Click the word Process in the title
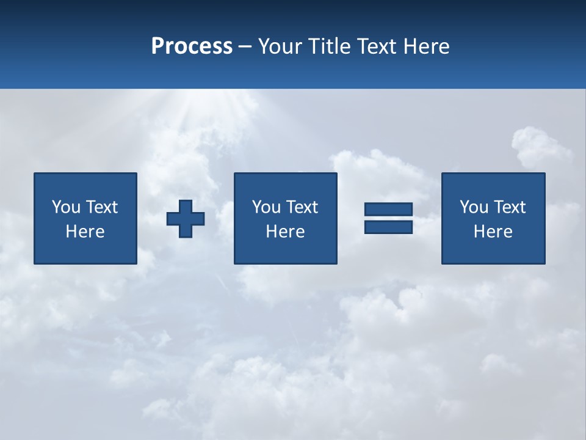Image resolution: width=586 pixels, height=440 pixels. [x=192, y=46]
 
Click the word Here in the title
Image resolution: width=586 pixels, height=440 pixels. [x=427, y=46]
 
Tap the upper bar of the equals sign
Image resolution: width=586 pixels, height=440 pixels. [x=388, y=210]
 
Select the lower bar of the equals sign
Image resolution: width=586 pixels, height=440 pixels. [x=388, y=227]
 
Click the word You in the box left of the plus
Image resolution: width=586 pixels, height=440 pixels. [x=66, y=207]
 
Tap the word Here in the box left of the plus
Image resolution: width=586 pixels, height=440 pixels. [x=85, y=232]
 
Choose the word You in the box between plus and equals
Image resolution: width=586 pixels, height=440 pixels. [x=266, y=207]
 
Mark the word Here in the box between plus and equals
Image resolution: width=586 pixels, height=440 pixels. [x=285, y=232]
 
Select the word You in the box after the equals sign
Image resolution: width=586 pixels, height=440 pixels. [x=474, y=207]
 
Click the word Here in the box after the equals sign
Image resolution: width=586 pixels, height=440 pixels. [x=493, y=232]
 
